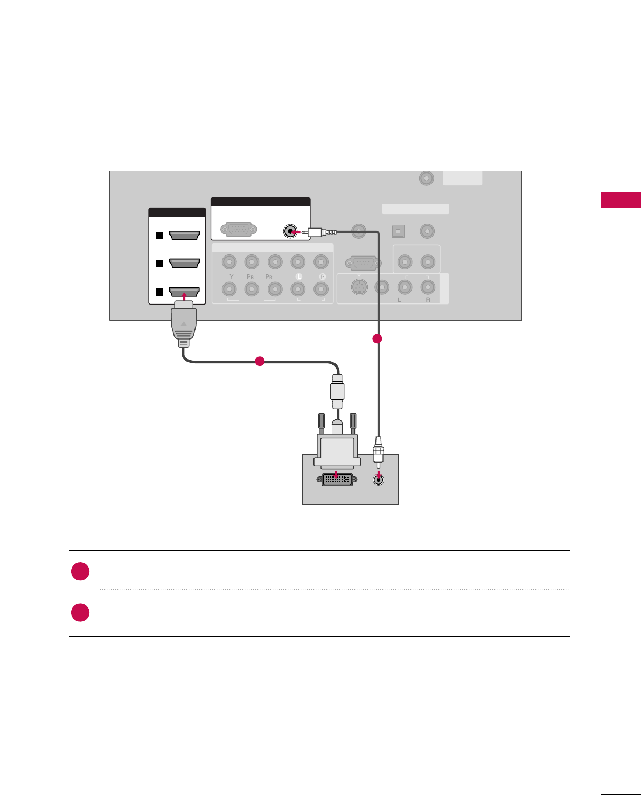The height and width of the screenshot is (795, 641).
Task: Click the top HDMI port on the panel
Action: coord(184,236)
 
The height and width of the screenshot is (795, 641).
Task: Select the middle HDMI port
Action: coord(184,263)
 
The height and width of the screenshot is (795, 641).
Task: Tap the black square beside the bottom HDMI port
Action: coord(159,292)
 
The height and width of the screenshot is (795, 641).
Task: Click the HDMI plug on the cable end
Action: coord(184,323)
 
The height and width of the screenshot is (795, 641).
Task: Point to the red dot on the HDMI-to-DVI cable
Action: coord(260,361)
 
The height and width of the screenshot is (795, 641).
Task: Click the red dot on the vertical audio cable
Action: coord(378,338)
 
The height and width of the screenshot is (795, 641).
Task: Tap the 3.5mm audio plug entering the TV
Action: coord(321,232)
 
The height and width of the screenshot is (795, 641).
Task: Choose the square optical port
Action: coord(398,231)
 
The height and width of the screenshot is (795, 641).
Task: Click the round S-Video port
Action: coord(359,287)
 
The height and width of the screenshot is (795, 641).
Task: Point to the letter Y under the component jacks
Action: coord(232,276)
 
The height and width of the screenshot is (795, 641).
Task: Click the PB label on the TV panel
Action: coord(250,276)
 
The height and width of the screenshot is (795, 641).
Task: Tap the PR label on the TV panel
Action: coord(269,276)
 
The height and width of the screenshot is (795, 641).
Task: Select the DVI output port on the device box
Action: coord(337,479)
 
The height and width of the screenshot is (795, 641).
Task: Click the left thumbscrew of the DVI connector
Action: coord(322,423)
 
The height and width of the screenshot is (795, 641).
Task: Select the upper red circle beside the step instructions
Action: coord(80,571)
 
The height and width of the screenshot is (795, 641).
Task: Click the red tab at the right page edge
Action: coord(621,200)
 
